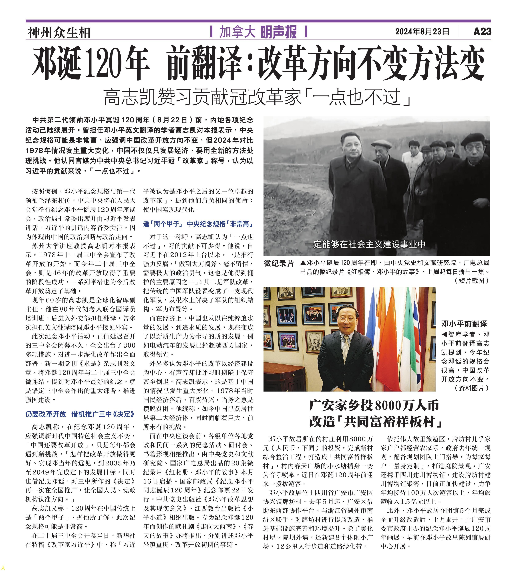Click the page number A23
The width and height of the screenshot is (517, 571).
[x=482, y=31]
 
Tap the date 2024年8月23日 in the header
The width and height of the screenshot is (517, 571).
[x=422, y=31]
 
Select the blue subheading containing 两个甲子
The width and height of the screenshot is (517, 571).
[x=198, y=224]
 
